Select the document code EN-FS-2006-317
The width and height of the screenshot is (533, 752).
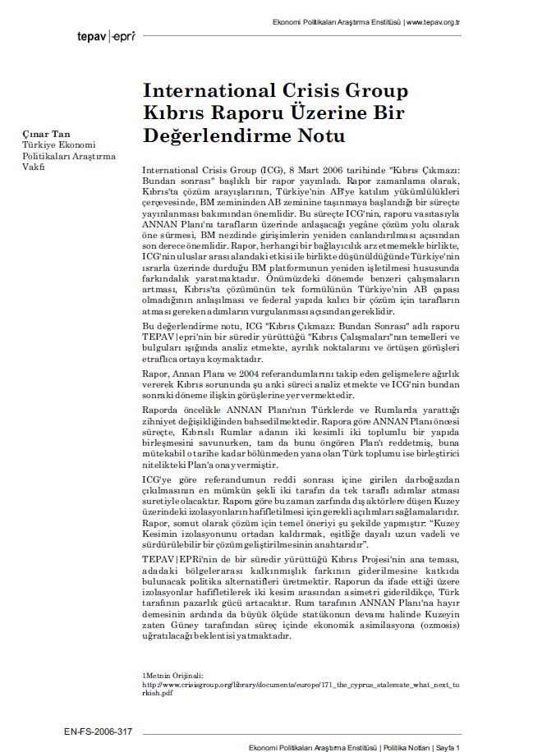tap(97, 731)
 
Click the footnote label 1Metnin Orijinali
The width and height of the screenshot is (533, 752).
tap(172, 675)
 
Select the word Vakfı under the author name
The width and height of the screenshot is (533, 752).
tap(32, 167)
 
